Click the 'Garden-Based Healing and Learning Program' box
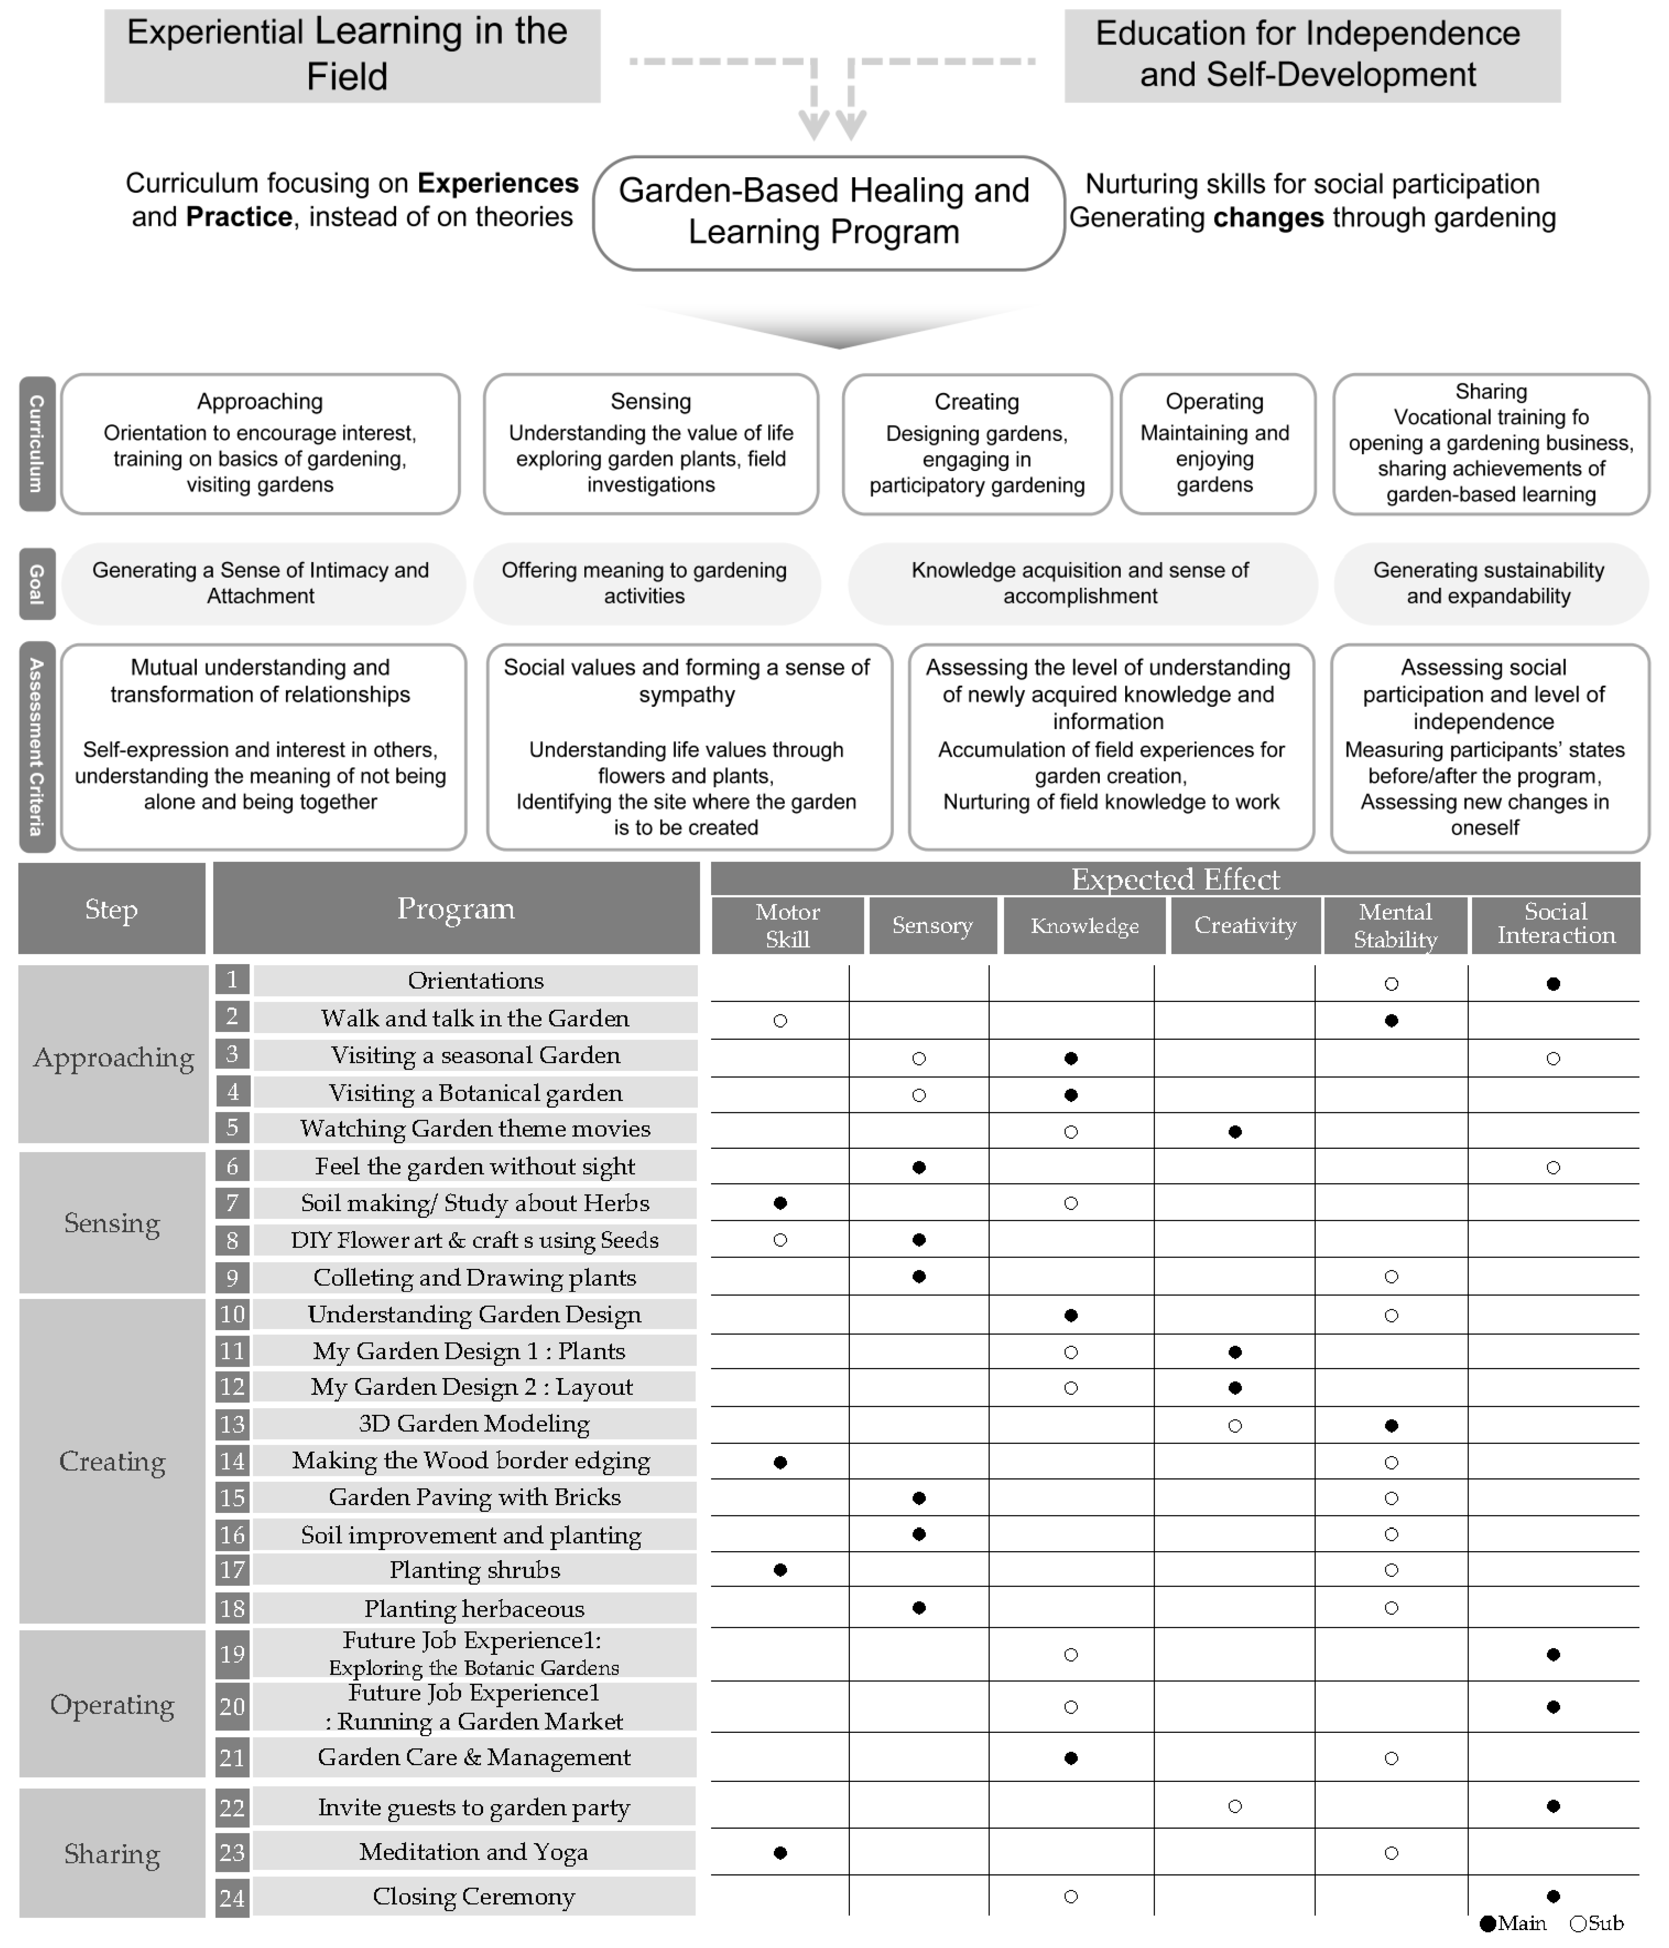(827, 212)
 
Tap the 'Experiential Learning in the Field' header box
(352, 55)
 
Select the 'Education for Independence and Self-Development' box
(1312, 55)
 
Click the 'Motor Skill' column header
(787, 925)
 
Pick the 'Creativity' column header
(1245, 925)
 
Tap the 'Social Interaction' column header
(1555, 925)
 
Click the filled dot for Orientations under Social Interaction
(1553, 984)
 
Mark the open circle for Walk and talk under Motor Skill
(779, 1020)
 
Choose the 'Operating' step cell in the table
(112, 1704)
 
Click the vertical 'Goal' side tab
(37, 584)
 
